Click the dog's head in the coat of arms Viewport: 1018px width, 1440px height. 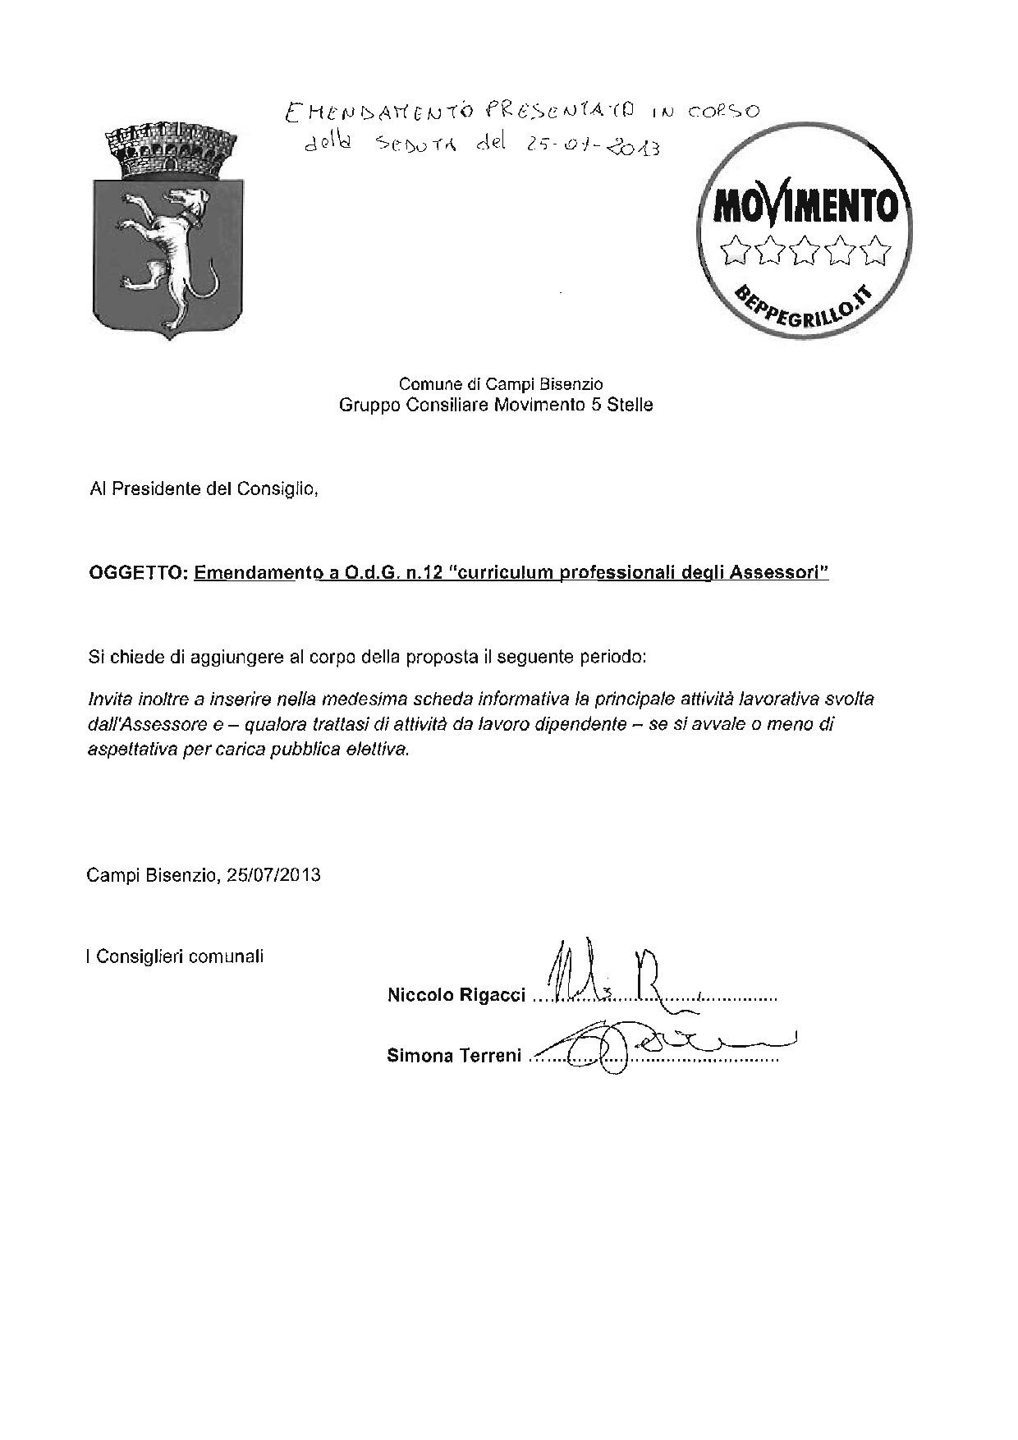click(x=185, y=202)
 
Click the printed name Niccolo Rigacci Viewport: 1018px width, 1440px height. click(x=456, y=996)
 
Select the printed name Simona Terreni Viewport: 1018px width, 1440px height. click(x=454, y=1056)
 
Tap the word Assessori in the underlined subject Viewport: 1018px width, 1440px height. click(x=783, y=574)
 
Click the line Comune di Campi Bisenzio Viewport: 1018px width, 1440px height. click(x=501, y=383)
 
